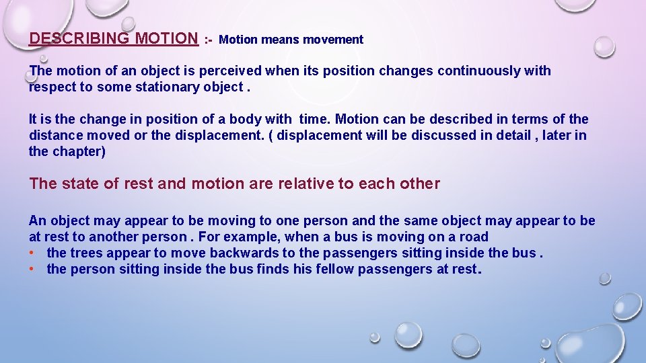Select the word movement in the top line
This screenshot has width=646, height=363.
(x=333, y=40)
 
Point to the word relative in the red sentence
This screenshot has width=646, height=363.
(x=306, y=184)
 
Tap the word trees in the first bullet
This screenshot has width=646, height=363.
(x=87, y=253)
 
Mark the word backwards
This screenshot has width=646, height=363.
(x=246, y=253)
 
